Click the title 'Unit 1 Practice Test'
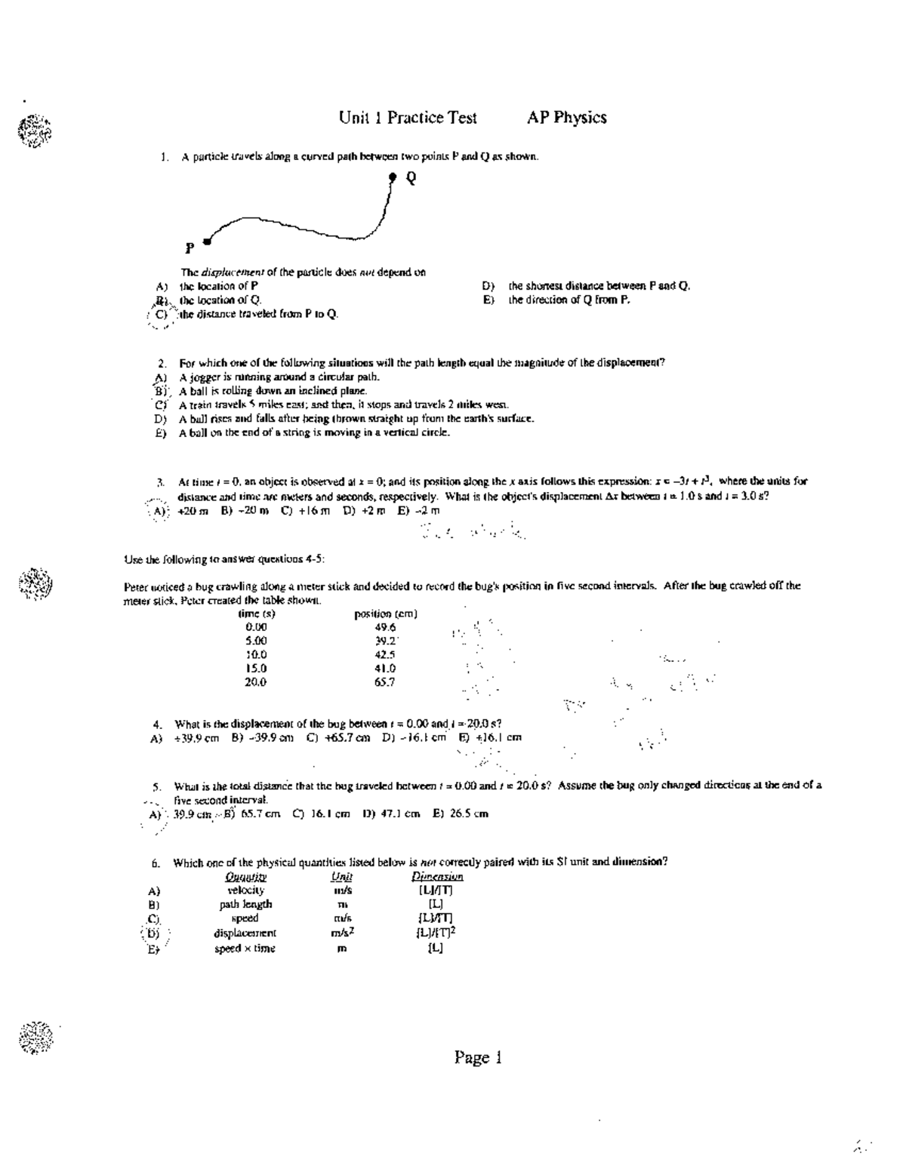(408, 118)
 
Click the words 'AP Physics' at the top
(566, 118)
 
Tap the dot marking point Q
(393, 177)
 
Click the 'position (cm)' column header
(386, 614)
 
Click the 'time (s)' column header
(256, 614)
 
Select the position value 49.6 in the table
(385, 627)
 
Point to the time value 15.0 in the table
(256, 668)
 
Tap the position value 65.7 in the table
(385, 681)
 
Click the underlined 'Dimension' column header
(436, 876)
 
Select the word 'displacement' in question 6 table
(245, 933)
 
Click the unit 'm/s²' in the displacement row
(344, 933)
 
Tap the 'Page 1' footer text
(477, 1057)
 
